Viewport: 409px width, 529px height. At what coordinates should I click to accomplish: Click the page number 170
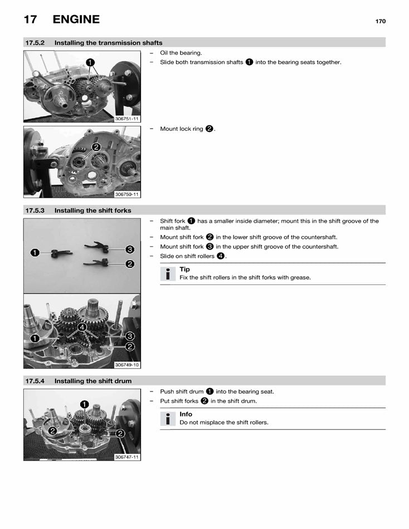pos(380,21)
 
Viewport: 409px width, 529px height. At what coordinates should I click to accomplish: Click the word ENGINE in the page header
pos(76,19)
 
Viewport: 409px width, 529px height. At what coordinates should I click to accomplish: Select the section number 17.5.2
pos(35,43)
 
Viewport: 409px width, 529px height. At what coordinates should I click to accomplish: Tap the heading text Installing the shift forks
pos(93,210)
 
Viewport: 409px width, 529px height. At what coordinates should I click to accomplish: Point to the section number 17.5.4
pos(35,381)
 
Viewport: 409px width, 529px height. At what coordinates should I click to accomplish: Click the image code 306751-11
pos(127,119)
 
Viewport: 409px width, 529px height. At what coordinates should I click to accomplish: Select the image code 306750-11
pos(127,194)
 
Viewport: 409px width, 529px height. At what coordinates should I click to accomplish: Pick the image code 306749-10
pos(127,365)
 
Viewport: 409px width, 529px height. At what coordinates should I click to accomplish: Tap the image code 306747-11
pos(127,457)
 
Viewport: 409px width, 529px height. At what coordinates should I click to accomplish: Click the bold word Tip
pos(184,270)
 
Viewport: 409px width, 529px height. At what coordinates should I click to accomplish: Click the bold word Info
pos(186,414)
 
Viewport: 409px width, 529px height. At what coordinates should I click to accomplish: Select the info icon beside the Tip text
pos(167,274)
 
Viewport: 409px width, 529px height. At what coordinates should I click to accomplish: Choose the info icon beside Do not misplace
pos(167,419)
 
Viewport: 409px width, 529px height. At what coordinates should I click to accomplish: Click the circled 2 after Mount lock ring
pos(209,129)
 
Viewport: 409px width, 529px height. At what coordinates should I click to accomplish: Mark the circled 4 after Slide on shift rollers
pos(221,256)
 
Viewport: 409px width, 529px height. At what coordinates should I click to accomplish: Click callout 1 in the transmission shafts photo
pos(90,62)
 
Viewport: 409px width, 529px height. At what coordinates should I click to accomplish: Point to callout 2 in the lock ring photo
pos(96,147)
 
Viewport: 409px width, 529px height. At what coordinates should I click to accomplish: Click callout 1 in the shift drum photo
pos(84,404)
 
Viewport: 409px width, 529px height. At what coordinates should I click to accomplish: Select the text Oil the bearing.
pos(181,53)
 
